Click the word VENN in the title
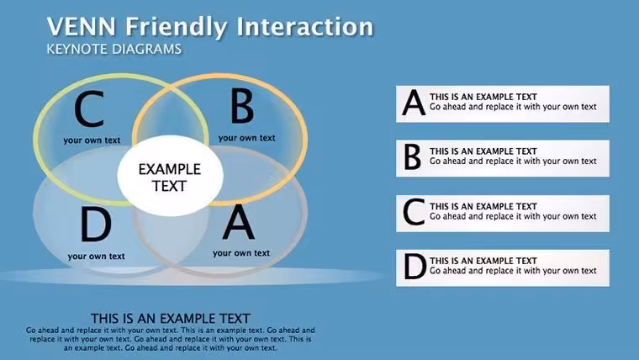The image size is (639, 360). click(82, 27)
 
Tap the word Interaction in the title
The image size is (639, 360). click(305, 27)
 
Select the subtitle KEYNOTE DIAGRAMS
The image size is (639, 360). click(114, 49)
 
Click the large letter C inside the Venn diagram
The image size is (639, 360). click(89, 109)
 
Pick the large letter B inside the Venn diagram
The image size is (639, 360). click(242, 107)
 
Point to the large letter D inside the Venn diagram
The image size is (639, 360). click(96, 225)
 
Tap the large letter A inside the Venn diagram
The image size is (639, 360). click(239, 222)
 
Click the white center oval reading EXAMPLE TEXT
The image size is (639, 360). click(170, 176)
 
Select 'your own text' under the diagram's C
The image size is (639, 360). click(92, 140)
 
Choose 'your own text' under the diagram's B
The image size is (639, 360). click(246, 138)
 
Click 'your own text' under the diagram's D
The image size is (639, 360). click(96, 256)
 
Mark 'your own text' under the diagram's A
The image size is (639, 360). click(240, 253)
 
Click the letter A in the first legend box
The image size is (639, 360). click(414, 103)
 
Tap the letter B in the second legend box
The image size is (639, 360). click(413, 157)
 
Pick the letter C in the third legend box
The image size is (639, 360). click(414, 212)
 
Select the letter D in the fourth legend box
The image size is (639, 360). click(415, 267)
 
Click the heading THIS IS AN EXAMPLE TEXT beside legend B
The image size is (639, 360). click(483, 151)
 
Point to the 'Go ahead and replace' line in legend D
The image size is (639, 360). click(513, 271)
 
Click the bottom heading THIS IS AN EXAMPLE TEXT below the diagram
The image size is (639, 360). click(171, 319)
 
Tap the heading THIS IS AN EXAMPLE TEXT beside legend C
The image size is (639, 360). click(483, 206)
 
